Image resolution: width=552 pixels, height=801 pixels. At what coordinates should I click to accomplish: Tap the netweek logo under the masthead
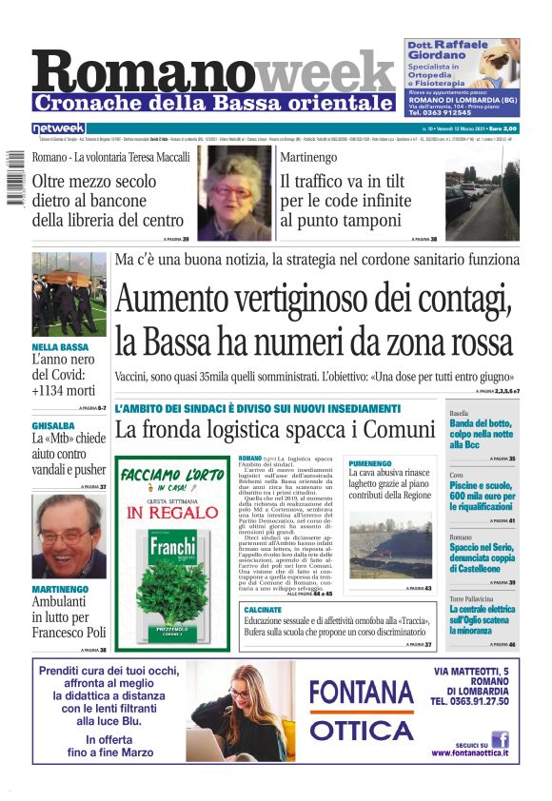click(x=58, y=127)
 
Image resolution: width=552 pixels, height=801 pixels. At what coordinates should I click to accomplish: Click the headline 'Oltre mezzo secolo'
click(x=94, y=182)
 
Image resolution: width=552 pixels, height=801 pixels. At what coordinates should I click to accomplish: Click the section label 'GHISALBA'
click(x=53, y=425)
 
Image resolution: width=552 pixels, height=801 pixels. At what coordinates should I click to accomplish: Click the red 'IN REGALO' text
click(x=171, y=513)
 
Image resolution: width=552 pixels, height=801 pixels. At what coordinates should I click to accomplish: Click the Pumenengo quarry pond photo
click(x=389, y=545)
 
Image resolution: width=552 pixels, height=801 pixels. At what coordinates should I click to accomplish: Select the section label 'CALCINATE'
click(x=263, y=608)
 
